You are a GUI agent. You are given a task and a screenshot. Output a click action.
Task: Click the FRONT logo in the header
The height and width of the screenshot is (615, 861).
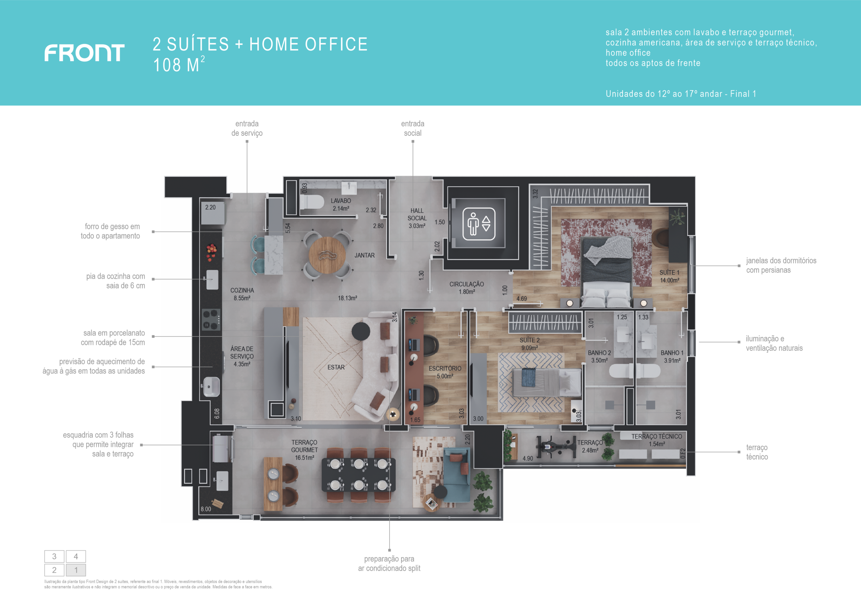(x=84, y=53)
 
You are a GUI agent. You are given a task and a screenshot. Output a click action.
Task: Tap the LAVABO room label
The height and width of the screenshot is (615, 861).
(x=341, y=201)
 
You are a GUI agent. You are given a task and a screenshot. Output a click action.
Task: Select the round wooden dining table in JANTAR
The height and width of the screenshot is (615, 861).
(x=327, y=255)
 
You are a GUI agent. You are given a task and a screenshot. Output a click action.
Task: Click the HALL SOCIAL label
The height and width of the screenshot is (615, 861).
(x=417, y=214)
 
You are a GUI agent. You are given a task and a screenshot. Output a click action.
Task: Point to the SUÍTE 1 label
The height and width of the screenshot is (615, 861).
(x=669, y=273)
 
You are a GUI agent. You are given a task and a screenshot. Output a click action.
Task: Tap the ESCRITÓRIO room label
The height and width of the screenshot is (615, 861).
(x=445, y=369)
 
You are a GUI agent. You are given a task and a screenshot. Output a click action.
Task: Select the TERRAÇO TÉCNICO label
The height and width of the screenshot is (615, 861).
(x=657, y=437)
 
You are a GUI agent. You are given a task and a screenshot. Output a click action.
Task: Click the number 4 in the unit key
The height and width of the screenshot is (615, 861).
(x=76, y=556)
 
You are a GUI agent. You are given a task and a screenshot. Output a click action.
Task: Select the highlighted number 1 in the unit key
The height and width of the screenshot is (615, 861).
(x=76, y=570)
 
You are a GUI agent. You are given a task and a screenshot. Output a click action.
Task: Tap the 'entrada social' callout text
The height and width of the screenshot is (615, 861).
(x=413, y=128)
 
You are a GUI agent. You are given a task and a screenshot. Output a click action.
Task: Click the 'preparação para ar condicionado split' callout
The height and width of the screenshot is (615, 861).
(x=389, y=564)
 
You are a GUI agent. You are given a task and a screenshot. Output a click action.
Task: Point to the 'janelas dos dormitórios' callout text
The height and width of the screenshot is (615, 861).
(x=781, y=261)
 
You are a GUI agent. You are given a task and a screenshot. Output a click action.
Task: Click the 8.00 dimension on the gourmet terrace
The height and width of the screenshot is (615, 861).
(x=206, y=509)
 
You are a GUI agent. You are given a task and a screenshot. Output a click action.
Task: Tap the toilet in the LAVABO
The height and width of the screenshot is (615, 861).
(x=311, y=202)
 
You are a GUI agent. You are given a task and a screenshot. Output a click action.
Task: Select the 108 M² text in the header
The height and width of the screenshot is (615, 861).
(x=179, y=64)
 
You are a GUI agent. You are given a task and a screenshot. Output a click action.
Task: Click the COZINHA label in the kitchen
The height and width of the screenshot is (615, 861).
(x=242, y=291)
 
